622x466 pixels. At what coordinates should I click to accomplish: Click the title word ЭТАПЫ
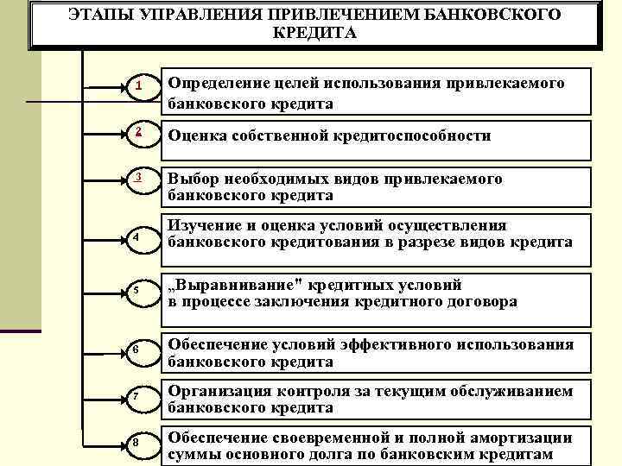[x=98, y=16]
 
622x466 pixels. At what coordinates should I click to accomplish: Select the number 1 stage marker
[x=137, y=86]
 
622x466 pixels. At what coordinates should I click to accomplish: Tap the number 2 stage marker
[x=137, y=131]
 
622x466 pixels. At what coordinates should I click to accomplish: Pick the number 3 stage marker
[x=137, y=178]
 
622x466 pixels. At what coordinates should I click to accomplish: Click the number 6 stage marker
[x=137, y=348]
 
